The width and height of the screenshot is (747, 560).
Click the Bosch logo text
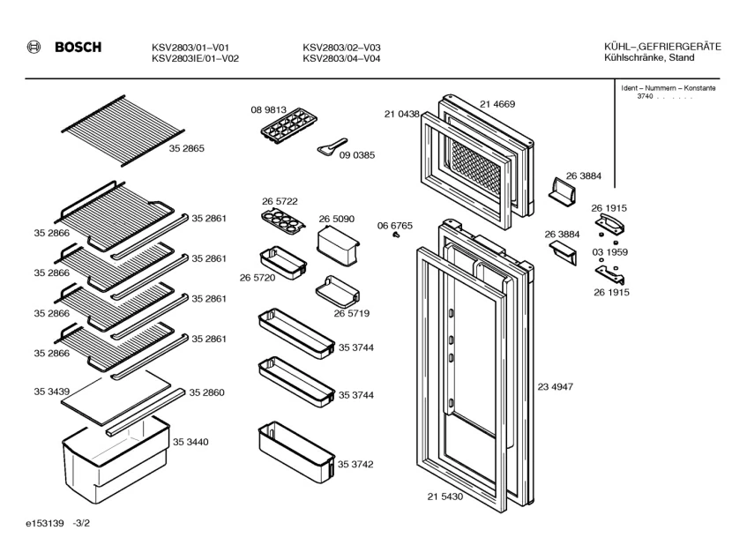click(78, 48)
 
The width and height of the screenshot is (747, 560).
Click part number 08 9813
click(269, 110)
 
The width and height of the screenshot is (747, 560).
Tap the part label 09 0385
click(357, 155)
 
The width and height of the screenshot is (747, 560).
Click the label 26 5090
click(336, 218)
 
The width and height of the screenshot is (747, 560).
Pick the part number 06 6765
click(395, 226)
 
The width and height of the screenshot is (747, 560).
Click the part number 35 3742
click(355, 463)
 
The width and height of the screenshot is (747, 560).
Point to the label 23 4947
click(556, 387)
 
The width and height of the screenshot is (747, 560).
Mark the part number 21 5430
click(445, 497)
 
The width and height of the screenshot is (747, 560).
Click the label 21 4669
click(497, 104)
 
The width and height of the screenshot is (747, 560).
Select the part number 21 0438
click(402, 114)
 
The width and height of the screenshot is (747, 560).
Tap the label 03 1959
click(609, 252)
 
